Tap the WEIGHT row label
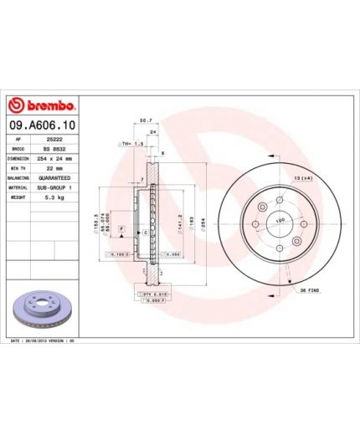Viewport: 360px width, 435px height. click(19, 197)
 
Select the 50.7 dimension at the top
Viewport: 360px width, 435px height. click(144, 120)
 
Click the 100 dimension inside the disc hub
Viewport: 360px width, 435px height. click(280, 221)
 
